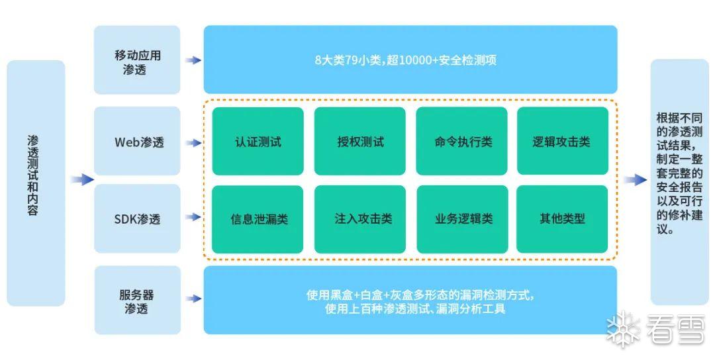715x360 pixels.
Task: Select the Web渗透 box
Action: pos(137,142)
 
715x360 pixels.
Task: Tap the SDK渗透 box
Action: pos(137,219)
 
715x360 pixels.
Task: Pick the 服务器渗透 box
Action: pos(137,301)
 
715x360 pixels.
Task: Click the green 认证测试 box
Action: pos(258,142)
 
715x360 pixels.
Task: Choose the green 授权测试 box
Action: pos(359,142)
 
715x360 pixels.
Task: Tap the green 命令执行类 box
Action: pos(461,142)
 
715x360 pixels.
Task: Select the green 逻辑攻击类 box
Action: pos(562,142)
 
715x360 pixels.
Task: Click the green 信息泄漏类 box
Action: pos(258,219)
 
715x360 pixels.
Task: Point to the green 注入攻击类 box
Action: pos(359,219)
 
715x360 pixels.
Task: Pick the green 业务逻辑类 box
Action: pos(461,219)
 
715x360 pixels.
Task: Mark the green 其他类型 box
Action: pos(562,219)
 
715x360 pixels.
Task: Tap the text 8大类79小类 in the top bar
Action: pos(348,60)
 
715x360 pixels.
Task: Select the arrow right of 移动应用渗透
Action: pos(193,60)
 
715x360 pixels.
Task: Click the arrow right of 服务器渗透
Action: pos(193,299)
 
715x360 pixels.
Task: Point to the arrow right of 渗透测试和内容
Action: pos(81,179)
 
